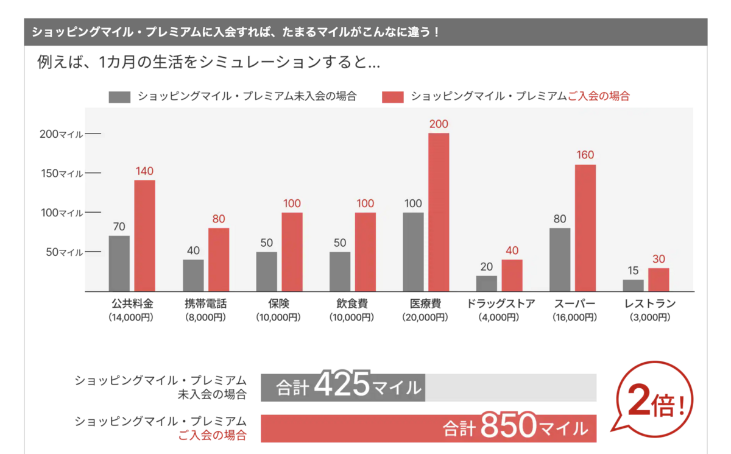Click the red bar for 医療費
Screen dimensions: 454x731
pyautogui.click(x=439, y=212)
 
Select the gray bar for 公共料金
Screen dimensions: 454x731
pyautogui.click(x=119, y=263)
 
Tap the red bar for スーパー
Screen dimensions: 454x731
pyautogui.click(x=585, y=228)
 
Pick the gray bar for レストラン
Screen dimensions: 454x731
pyautogui.click(x=634, y=285)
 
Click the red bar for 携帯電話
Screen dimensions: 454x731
pyautogui.click(x=219, y=260)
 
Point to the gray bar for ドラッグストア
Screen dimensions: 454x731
pyautogui.click(x=487, y=283)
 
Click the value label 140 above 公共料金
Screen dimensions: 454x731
pyautogui.click(x=144, y=171)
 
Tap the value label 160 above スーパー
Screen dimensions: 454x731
pyautogui.click(x=585, y=155)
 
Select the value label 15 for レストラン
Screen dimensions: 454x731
pyautogui.click(x=634, y=271)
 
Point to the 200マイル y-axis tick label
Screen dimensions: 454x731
pyautogui.click(x=61, y=134)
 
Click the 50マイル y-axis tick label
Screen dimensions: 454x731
pyautogui.click(x=64, y=252)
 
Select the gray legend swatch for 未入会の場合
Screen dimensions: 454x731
pyautogui.click(x=119, y=97)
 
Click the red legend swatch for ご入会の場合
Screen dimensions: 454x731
pyautogui.click(x=393, y=97)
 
